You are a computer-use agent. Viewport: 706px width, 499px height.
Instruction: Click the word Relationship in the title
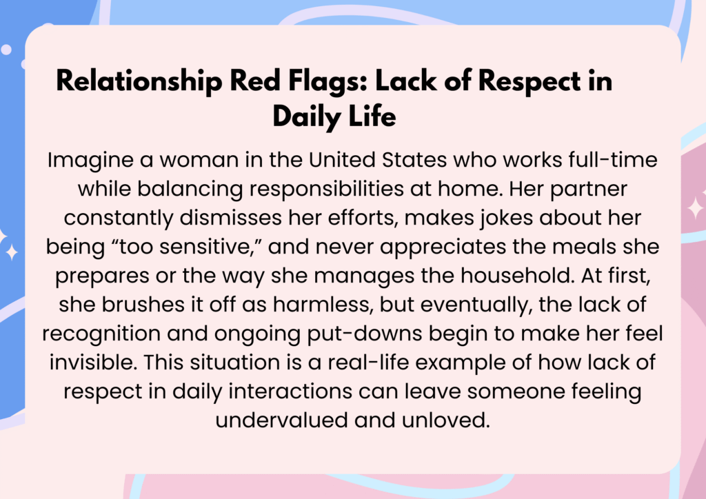(139, 81)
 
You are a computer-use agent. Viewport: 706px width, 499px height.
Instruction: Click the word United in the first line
(342, 160)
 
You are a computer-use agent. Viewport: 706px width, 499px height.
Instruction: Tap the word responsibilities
(326, 190)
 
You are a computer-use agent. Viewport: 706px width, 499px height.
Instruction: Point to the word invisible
(93, 363)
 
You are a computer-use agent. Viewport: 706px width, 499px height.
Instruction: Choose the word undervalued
(281, 420)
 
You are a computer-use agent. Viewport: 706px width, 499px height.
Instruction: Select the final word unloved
(445, 420)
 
